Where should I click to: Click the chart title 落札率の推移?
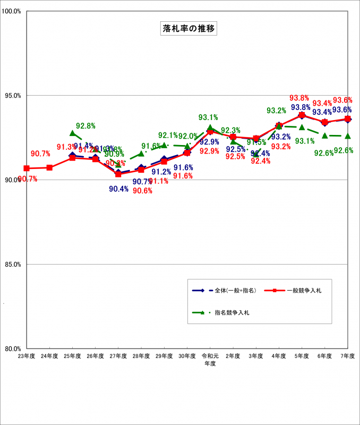tap(190, 28)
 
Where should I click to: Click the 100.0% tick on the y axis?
tap(12, 11)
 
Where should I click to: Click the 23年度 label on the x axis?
tap(27, 355)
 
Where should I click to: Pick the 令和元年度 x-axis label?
tap(210, 359)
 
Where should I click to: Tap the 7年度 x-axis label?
tap(348, 355)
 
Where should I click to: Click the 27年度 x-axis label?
tap(118, 355)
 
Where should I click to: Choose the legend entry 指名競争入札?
tap(232, 312)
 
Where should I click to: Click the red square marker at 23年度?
tap(27, 168)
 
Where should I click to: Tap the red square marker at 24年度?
tap(49, 167)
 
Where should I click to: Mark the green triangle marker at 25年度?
tap(73, 133)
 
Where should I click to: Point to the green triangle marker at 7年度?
tap(348, 136)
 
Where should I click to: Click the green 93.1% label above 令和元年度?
tap(208, 117)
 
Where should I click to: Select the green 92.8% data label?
tap(85, 126)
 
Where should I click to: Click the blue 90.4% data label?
tap(118, 189)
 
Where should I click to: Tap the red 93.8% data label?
tap(299, 98)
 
